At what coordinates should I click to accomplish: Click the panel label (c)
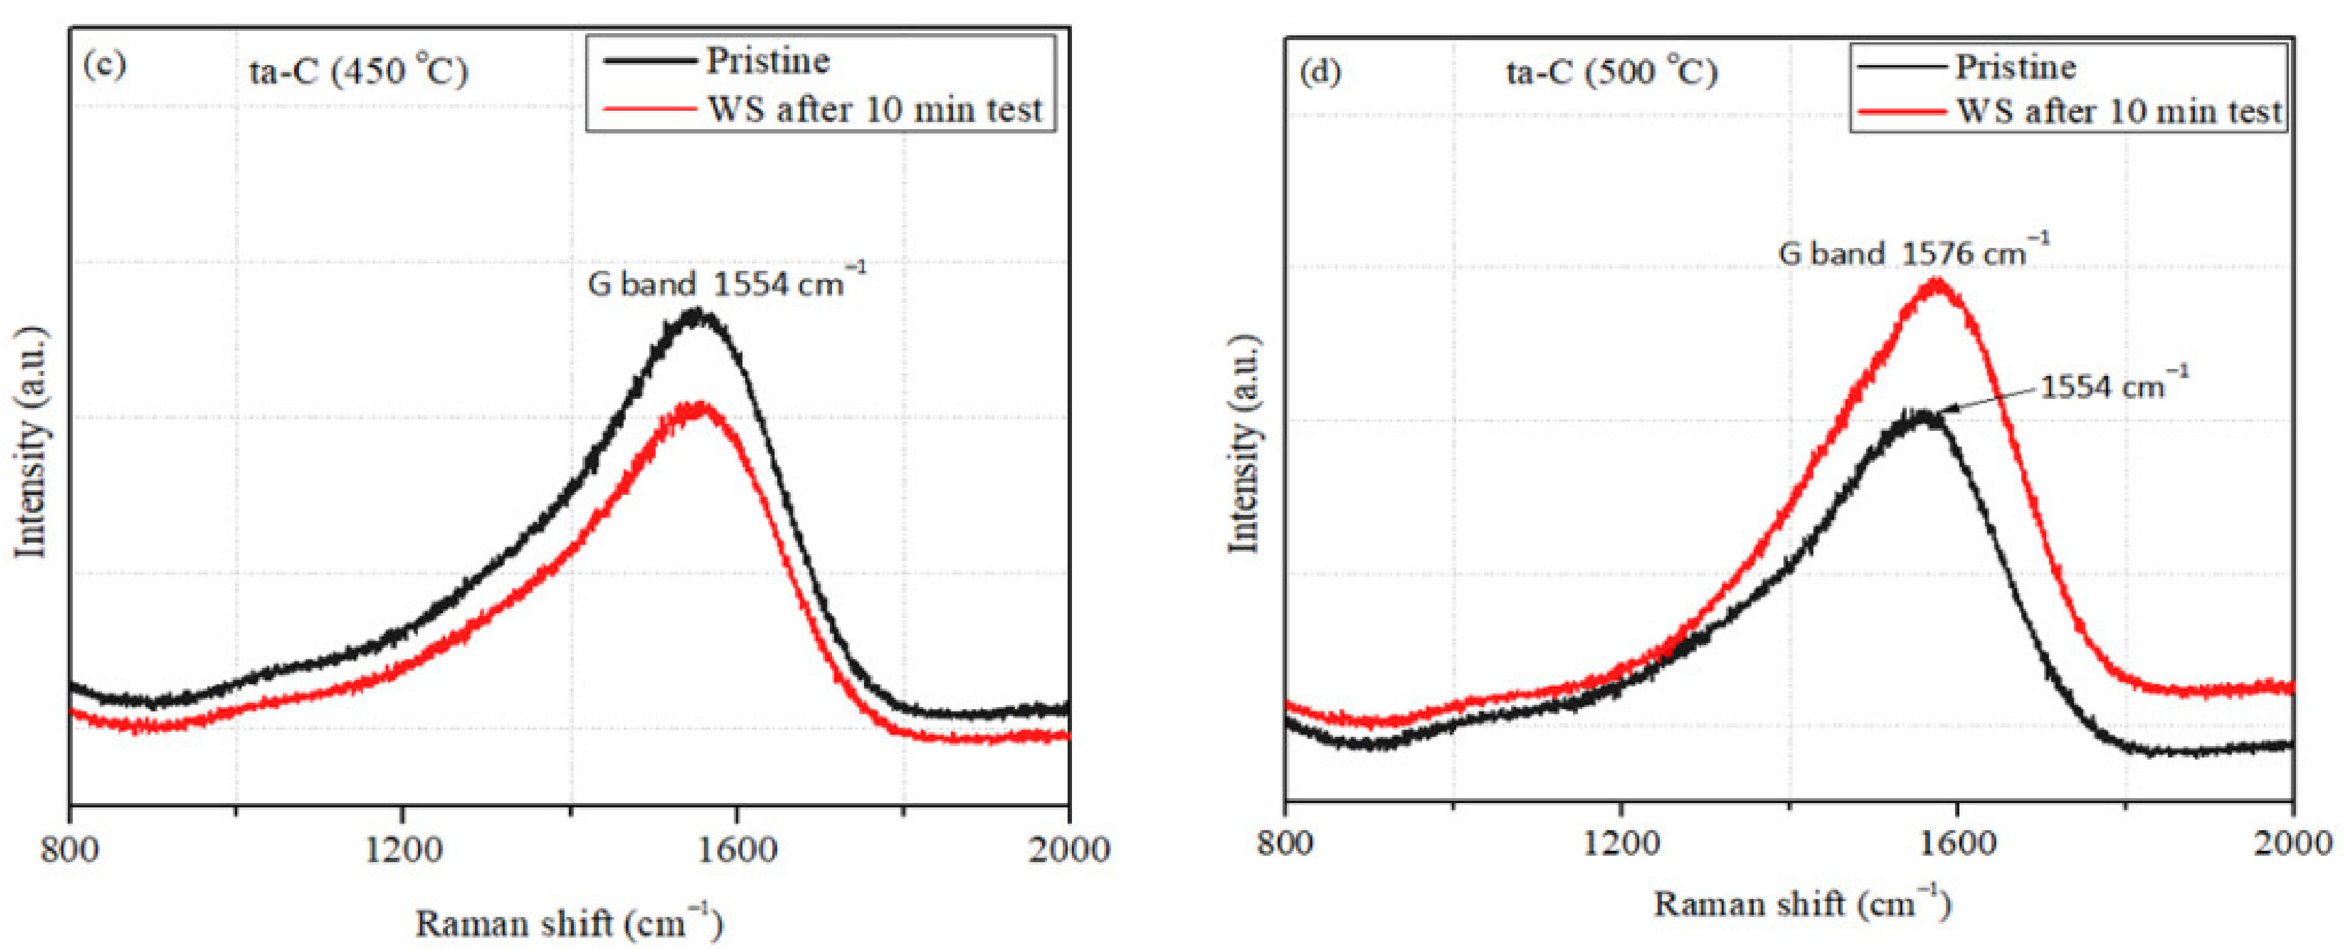103,66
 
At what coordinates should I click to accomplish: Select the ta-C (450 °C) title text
358,70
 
